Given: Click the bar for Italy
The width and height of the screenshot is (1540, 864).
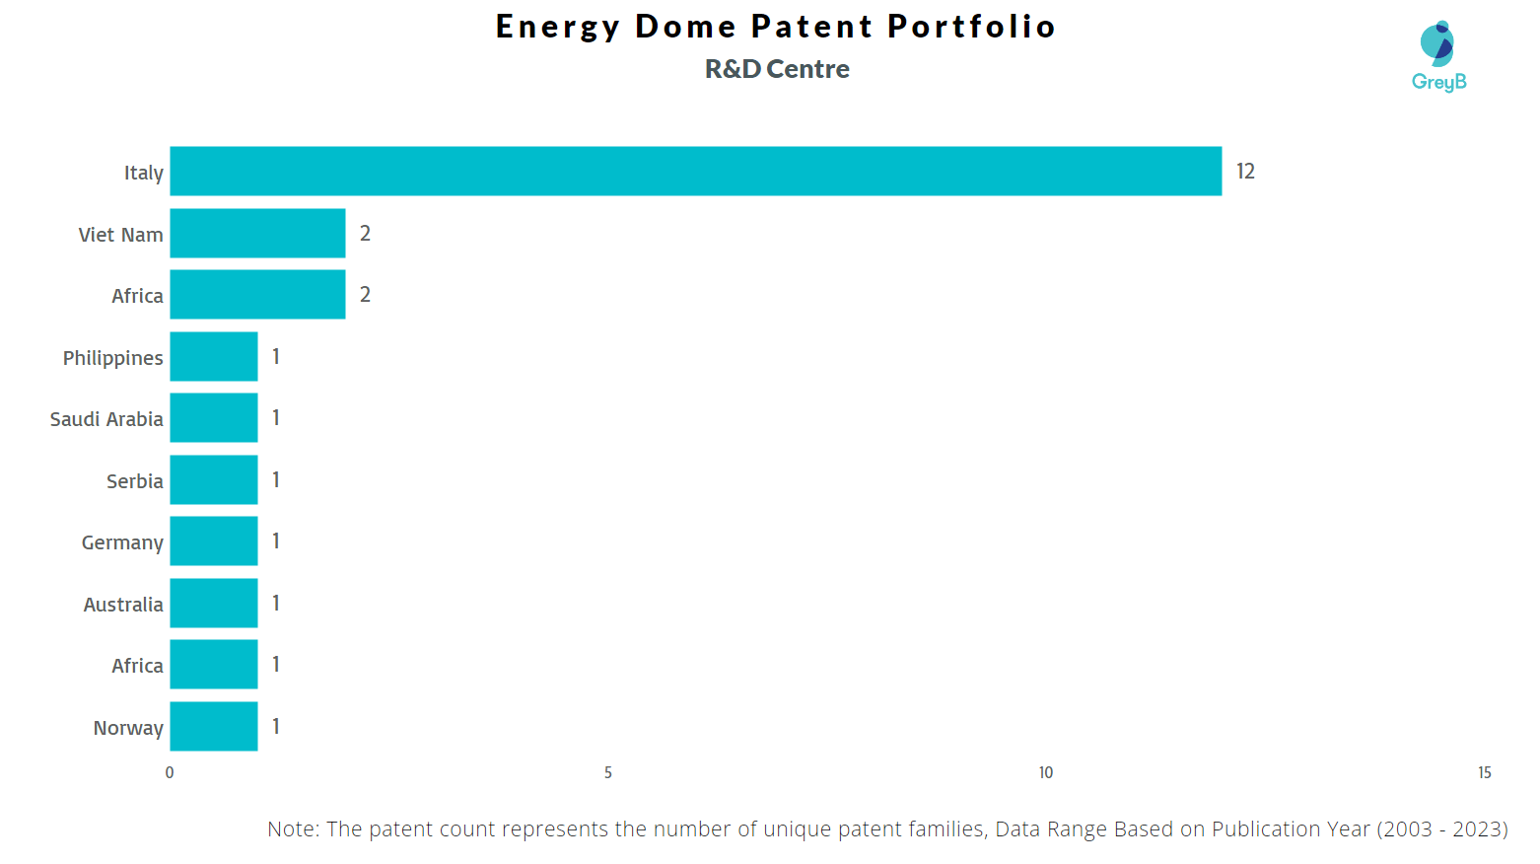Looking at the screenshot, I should pyautogui.click(x=695, y=172).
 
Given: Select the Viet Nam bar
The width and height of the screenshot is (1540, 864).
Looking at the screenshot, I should pyautogui.click(x=257, y=234).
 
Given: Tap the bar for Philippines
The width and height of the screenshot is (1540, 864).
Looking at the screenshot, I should pyautogui.click(x=214, y=357).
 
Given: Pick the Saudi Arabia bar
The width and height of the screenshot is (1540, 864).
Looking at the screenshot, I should pyautogui.click(x=214, y=418).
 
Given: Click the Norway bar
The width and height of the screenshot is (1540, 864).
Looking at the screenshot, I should pyautogui.click(x=214, y=727).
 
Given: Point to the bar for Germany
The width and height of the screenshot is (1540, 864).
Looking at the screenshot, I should pyautogui.click(x=214, y=541).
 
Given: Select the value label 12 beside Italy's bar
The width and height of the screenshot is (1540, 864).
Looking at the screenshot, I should pyautogui.click(x=1245, y=172).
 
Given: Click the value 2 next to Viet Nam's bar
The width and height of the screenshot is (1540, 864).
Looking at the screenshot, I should pyautogui.click(x=365, y=234).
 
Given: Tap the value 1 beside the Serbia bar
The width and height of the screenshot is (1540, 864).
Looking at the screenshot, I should pyautogui.click(x=276, y=480).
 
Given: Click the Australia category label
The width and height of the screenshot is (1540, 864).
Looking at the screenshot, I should pyautogui.click(x=123, y=605).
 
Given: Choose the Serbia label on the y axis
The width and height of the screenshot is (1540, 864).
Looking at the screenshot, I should pyautogui.click(x=135, y=481).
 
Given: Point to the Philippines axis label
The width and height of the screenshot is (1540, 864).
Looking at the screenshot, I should pyautogui.click(x=113, y=358).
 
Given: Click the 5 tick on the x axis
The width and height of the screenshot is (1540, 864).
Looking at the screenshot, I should pyautogui.click(x=608, y=773).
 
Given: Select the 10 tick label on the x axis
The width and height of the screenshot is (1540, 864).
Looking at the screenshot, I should pyautogui.click(x=1046, y=773).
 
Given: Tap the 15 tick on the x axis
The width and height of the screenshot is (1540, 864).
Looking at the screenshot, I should pyautogui.click(x=1484, y=773).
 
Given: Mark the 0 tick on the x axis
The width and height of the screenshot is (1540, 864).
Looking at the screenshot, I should pyautogui.click(x=170, y=773).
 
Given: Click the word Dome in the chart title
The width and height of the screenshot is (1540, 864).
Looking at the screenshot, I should pyautogui.click(x=685, y=27).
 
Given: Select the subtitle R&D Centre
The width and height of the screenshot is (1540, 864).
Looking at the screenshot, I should pyautogui.click(x=777, y=69).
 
